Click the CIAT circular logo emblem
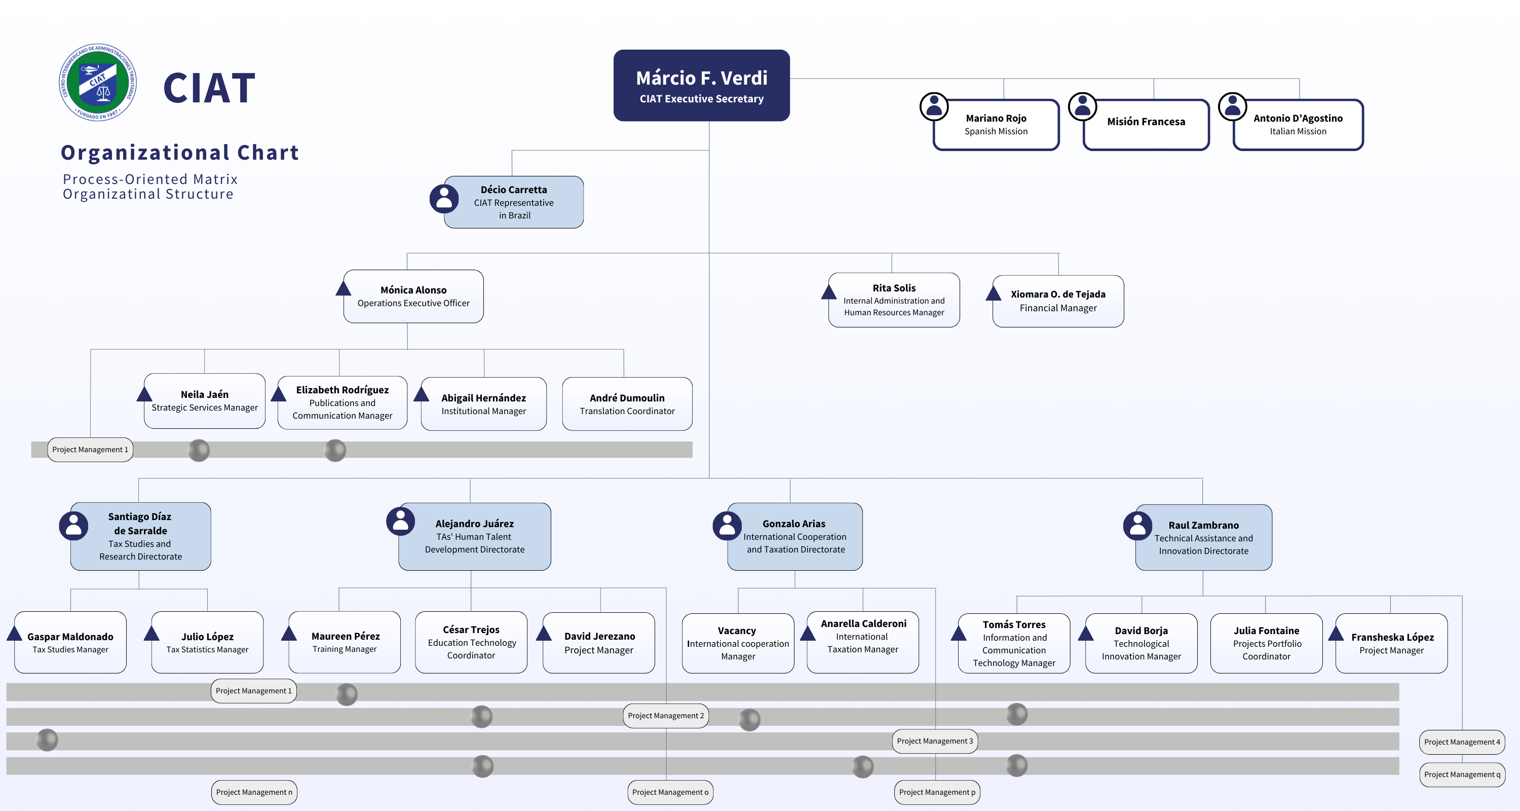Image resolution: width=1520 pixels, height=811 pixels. pos(98,83)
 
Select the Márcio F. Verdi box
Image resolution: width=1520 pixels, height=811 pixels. pos(701,86)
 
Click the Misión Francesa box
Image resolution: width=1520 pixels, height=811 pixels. pos(1146,124)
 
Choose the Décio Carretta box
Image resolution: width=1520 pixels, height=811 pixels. pos(514,202)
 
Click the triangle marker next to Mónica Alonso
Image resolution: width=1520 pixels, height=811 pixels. pos(344,288)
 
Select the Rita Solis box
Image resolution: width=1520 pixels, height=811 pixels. pos(894,300)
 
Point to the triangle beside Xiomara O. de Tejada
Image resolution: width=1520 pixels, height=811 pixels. pos(994,293)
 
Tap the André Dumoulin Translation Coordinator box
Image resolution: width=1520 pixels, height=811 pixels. pos(627,404)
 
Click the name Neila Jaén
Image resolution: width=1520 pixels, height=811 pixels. pos(204,394)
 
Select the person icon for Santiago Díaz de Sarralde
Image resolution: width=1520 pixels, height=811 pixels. pos(74,525)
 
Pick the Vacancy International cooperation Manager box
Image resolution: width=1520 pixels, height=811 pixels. pos(738,643)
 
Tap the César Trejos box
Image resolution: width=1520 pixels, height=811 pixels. pos(471,642)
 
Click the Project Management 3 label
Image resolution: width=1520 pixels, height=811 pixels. pos(935,741)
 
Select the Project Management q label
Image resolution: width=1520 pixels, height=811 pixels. pos(1462,775)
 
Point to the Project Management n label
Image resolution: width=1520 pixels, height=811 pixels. pos(254,792)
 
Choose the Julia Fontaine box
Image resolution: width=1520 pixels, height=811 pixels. pos(1266,643)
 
